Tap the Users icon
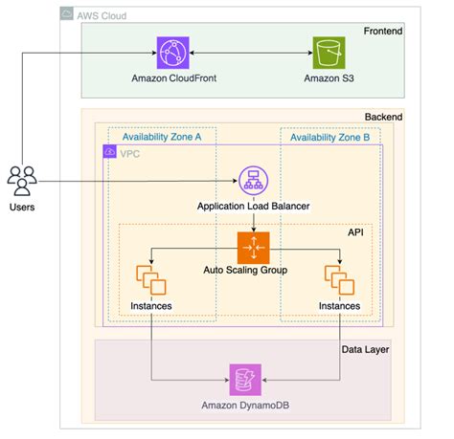(22, 179)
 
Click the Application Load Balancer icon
(253, 181)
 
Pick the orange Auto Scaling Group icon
(253, 247)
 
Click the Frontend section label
(383, 33)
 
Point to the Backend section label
(384, 118)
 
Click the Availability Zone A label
(162, 138)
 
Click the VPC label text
(128, 152)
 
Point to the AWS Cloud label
(100, 16)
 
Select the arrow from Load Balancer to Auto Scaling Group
(253, 222)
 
